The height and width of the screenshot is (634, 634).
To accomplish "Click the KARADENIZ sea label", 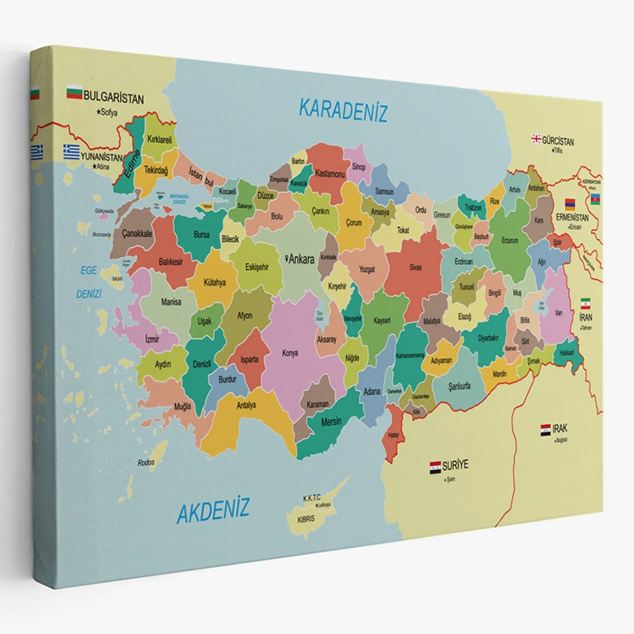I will (343, 110).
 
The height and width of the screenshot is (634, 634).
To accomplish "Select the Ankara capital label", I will (300, 260).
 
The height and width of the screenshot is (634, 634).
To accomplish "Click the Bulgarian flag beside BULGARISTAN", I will (74, 93).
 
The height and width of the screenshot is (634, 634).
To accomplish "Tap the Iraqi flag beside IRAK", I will (545, 429).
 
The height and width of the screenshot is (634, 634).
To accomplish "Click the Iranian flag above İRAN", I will (585, 303).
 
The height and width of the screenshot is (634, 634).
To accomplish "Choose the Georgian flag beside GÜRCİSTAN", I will (536, 139).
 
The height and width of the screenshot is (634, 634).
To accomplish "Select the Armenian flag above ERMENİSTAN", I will (570, 205).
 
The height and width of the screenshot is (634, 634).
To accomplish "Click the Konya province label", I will (290, 353).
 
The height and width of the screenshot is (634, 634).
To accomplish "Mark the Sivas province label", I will (415, 267).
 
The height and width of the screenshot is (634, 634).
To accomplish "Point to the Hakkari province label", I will (567, 353).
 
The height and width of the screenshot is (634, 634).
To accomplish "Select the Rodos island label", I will (146, 462).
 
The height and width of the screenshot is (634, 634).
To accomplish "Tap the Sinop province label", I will (359, 167).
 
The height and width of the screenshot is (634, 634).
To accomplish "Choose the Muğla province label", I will (182, 406).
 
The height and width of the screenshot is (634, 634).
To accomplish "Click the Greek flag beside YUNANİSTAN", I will (71, 150).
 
